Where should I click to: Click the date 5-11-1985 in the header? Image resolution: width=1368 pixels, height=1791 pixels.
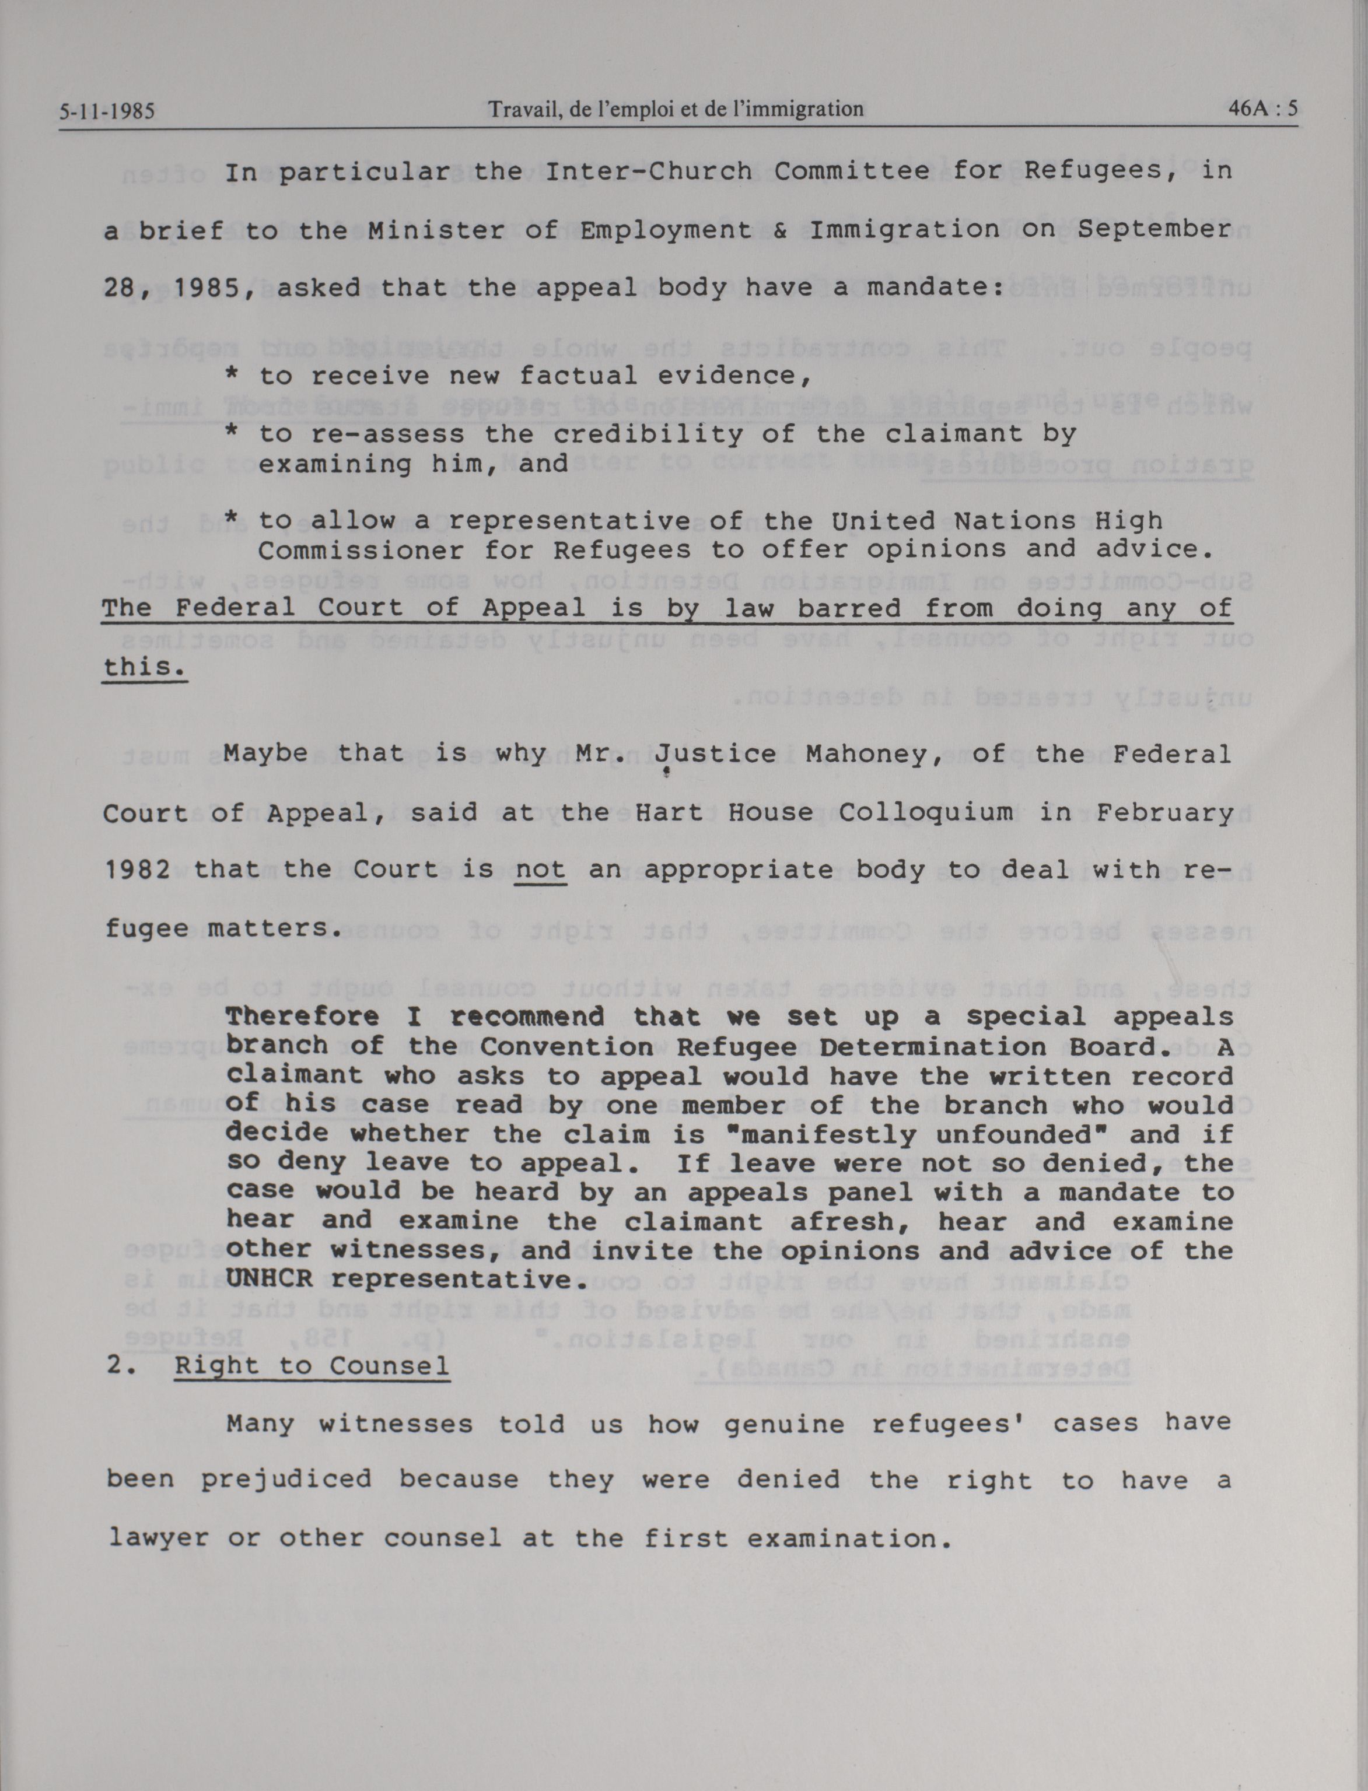point(107,111)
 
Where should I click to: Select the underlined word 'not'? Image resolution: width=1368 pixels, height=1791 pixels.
point(540,870)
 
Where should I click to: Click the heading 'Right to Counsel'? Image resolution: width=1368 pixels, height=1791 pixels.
point(312,1365)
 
